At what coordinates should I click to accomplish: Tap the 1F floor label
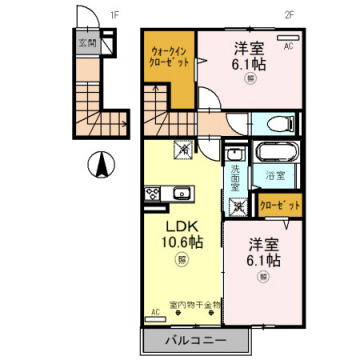coord(114,15)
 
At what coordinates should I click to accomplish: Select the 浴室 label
coord(273,176)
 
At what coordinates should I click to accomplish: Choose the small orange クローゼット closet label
coord(280,207)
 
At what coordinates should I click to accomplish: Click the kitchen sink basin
coord(154,194)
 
